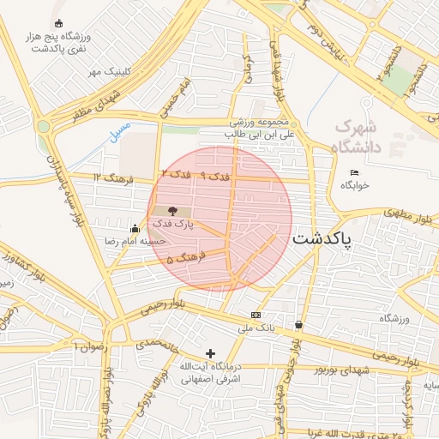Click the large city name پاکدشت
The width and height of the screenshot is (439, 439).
(x=322, y=240)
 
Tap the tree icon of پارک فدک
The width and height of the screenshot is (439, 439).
(x=172, y=210)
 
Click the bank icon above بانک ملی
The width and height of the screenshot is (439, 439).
(x=256, y=315)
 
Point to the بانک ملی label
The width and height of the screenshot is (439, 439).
(x=256, y=328)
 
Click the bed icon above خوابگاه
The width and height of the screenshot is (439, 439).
(x=354, y=172)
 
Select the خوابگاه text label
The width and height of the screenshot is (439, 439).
(x=354, y=185)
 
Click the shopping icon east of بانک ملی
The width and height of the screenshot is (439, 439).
(x=298, y=325)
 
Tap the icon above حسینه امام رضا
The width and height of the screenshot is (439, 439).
(x=135, y=228)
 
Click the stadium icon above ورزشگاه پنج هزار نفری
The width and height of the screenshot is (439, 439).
(x=58, y=23)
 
